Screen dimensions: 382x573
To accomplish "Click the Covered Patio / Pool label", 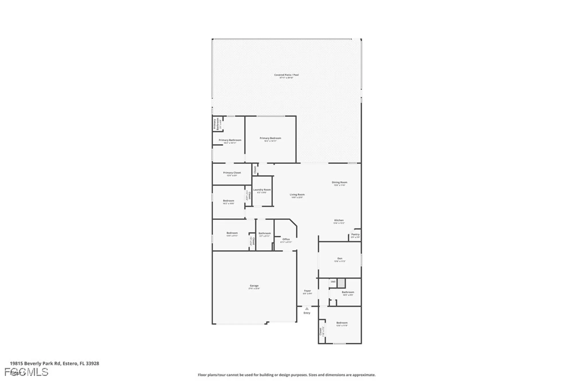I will tap(286, 75).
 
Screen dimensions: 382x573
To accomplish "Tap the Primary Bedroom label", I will tap(270, 138).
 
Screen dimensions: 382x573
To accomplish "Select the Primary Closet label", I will tap(232, 173).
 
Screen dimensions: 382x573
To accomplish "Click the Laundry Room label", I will tap(262, 190).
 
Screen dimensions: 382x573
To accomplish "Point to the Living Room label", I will tap(297, 195).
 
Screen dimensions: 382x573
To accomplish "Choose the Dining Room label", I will tap(340, 182).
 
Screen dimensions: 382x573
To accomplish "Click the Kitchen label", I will tap(339, 220).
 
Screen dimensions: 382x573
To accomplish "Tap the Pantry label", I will tap(355, 234).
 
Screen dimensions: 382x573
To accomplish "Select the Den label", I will tap(340, 258).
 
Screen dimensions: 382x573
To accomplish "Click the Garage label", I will tap(254, 286).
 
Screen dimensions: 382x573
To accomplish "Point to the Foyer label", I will tap(307, 291).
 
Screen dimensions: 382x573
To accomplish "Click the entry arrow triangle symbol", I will tap(307, 309).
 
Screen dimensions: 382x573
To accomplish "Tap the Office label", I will tap(286, 239).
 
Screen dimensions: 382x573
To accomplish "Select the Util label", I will tap(333, 282).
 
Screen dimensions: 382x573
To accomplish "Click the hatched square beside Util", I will tap(341, 283).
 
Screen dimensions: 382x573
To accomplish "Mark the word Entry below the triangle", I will tap(307, 313).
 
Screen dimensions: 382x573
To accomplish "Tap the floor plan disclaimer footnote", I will tap(286, 375).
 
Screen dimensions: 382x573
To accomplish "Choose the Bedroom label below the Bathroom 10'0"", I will tap(342, 323).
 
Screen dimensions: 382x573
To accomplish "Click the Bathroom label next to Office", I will tap(264, 233).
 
